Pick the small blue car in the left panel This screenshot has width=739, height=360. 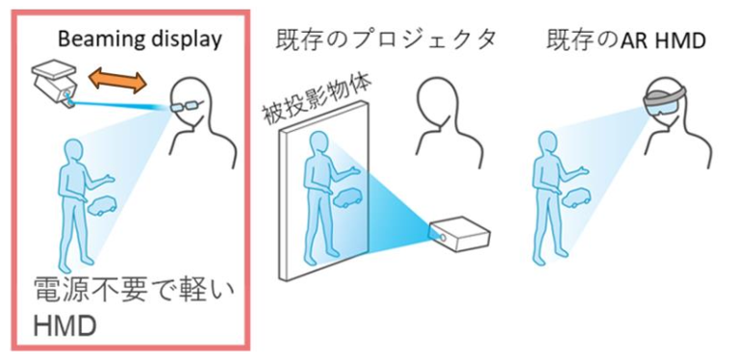pyautogui.click(x=103, y=206)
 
